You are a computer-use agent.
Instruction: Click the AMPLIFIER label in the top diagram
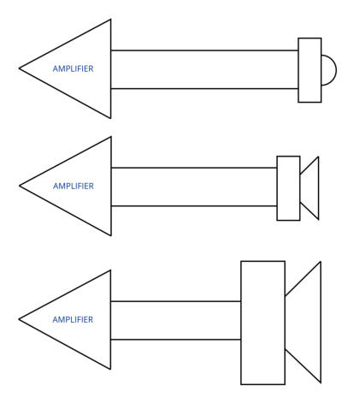73,68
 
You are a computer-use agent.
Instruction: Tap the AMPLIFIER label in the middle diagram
74,186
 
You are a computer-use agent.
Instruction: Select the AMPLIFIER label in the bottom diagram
73,319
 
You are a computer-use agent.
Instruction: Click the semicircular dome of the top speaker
336,70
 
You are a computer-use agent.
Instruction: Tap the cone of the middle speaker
318,188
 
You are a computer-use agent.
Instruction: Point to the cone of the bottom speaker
321,323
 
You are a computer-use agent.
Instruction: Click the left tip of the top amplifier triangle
19,68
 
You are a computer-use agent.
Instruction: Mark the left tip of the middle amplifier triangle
20,186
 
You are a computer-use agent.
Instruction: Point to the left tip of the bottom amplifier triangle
19,319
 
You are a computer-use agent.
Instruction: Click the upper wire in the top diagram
204,50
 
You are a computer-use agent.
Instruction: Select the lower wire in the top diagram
204,89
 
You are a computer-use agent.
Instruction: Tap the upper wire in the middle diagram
194,168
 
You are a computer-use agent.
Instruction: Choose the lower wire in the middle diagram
194,205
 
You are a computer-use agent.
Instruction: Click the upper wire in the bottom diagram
176,301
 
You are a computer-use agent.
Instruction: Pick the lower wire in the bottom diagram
176,340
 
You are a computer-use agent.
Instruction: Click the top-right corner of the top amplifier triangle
110,20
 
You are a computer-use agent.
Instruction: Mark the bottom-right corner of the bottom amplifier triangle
110,369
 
